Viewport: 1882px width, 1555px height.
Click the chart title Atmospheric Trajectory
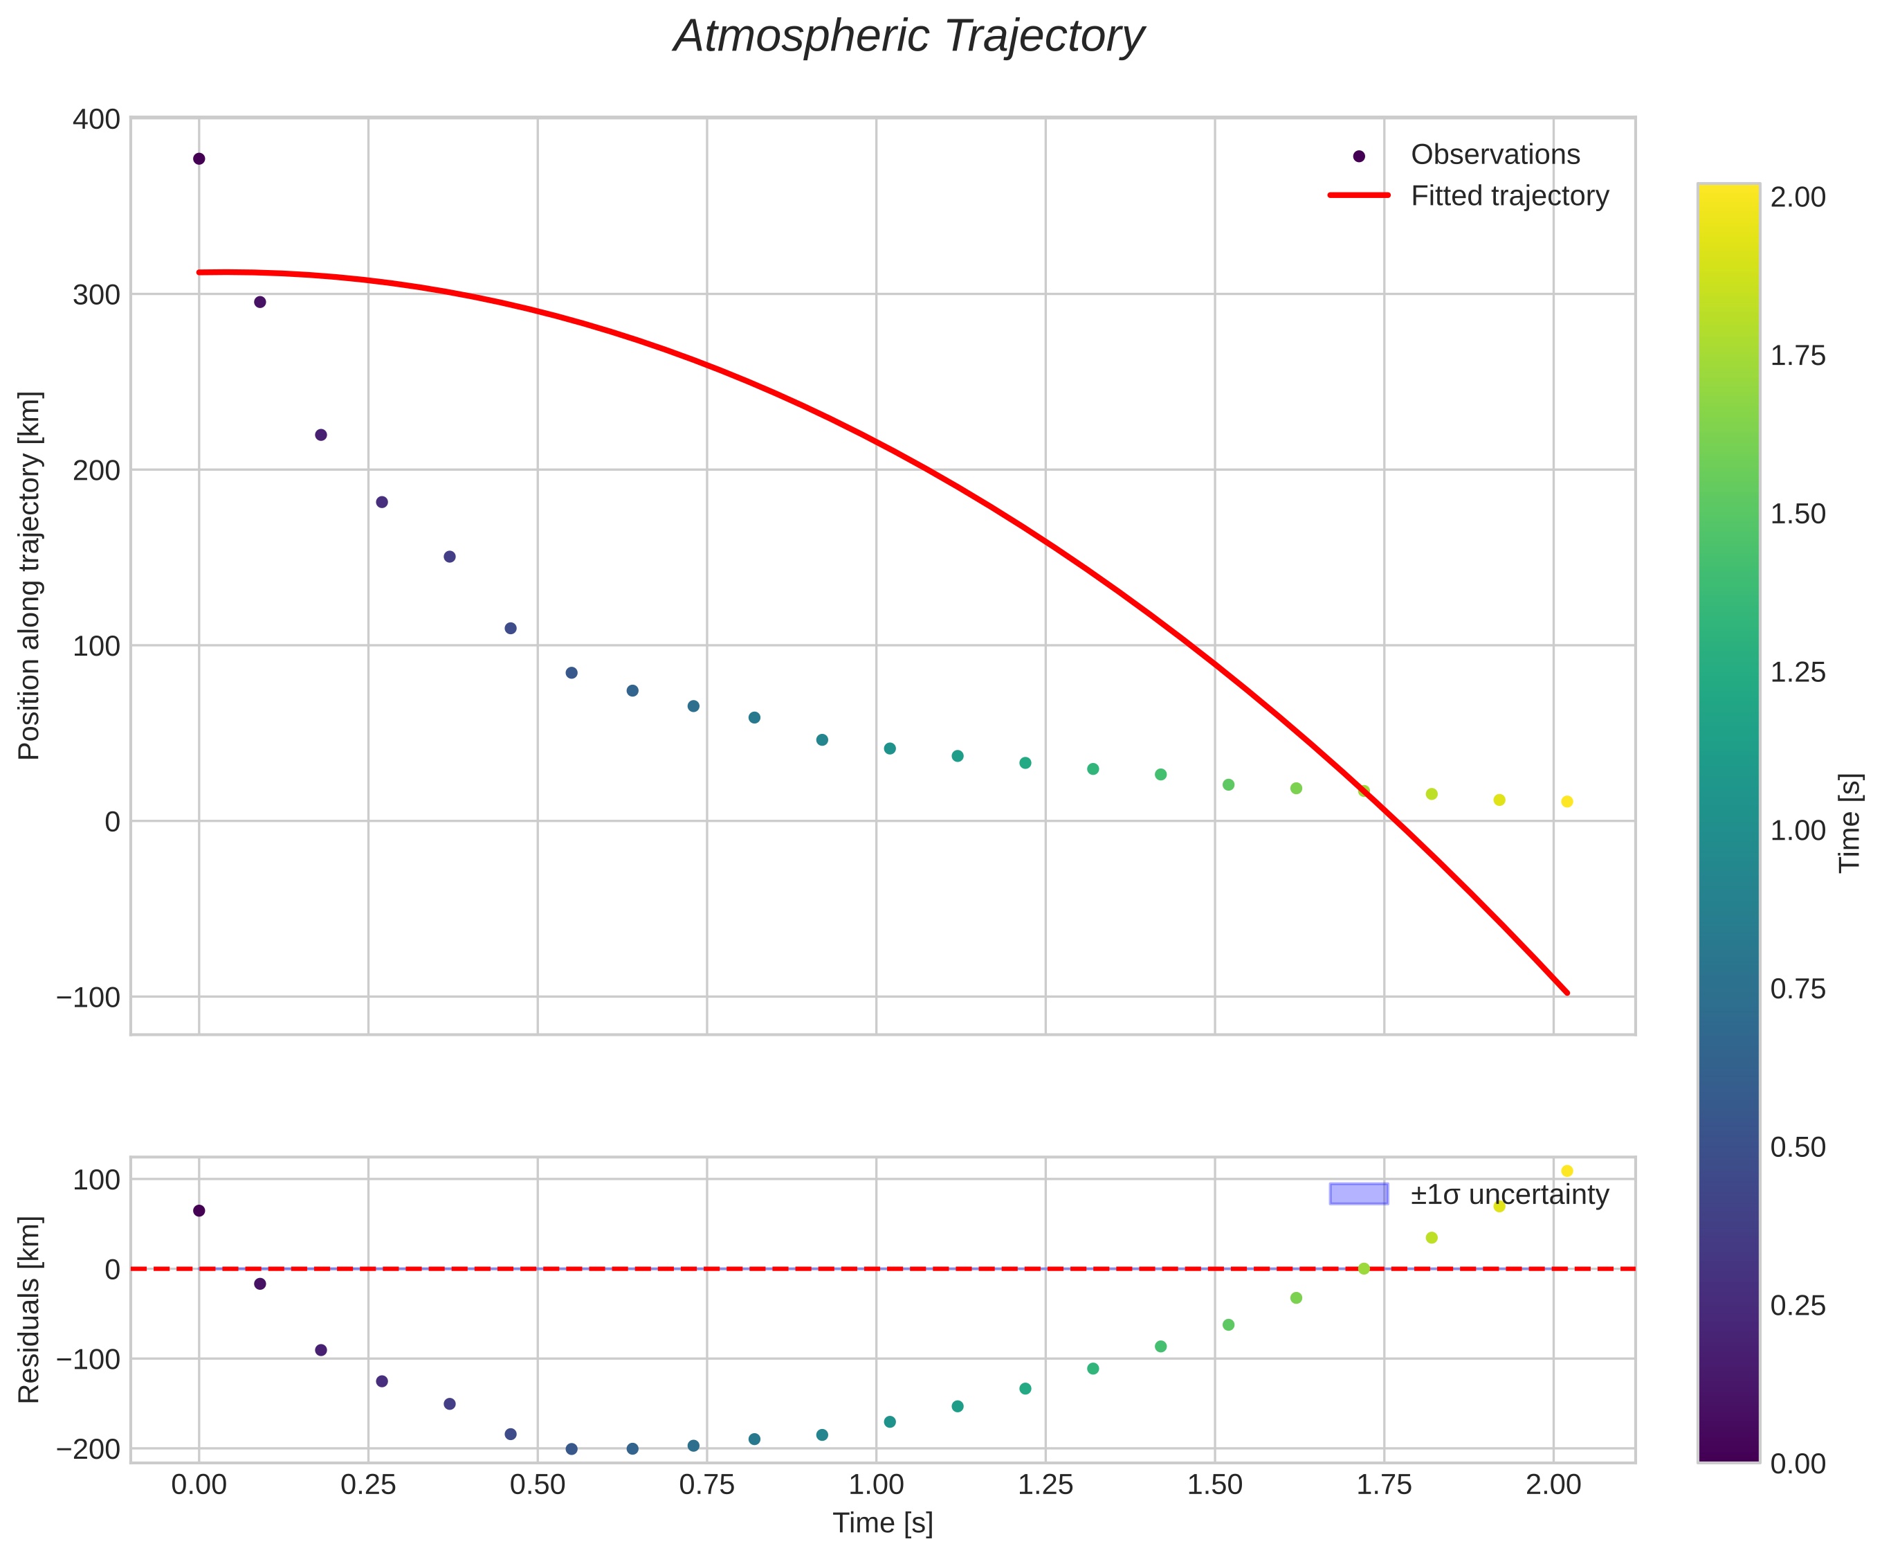(908, 37)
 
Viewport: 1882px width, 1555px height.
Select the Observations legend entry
(1495, 155)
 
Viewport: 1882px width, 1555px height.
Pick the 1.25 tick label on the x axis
(1045, 1486)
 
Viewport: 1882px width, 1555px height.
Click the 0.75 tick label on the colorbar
(1798, 989)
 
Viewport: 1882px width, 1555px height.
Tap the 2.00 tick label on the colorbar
(1798, 198)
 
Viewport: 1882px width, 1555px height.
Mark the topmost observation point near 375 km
(199, 159)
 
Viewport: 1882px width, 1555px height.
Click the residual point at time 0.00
(199, 1211)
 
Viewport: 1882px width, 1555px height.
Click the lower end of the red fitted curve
(1566, 991)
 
